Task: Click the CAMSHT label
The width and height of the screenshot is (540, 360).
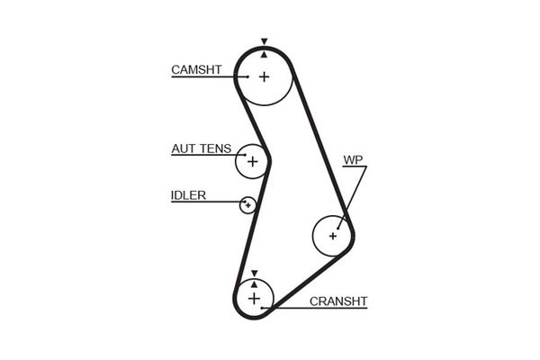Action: click(x=196, y=69)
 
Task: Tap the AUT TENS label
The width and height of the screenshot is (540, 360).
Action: click(x=201, y=148)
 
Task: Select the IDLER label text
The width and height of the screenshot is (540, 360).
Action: click(x=188, y=195)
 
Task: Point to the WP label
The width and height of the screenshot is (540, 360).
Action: click(x=352, y=161)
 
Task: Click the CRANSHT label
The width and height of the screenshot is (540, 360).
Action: click(x=337, y=301)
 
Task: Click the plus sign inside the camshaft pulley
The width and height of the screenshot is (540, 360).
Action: click(x=264, y=76)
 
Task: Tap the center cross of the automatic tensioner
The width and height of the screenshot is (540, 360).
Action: click(x=253, y=162)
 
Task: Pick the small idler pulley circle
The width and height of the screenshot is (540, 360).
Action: click(x=247, y=205)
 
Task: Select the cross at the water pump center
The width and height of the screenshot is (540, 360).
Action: click(x=333, y=236)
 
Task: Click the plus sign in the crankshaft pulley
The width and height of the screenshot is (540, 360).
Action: click(x=254, y=297)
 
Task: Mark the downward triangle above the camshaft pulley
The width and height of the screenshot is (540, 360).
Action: click(x=264, y=41)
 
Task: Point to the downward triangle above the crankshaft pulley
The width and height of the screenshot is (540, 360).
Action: click(x=254, y=272)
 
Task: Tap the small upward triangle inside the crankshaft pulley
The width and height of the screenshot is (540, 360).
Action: click(x=254, y=283)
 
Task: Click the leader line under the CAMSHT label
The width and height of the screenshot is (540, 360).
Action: click(x=207, y=77)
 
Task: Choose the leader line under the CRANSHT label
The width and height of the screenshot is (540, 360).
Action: click(x=315, y=309)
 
